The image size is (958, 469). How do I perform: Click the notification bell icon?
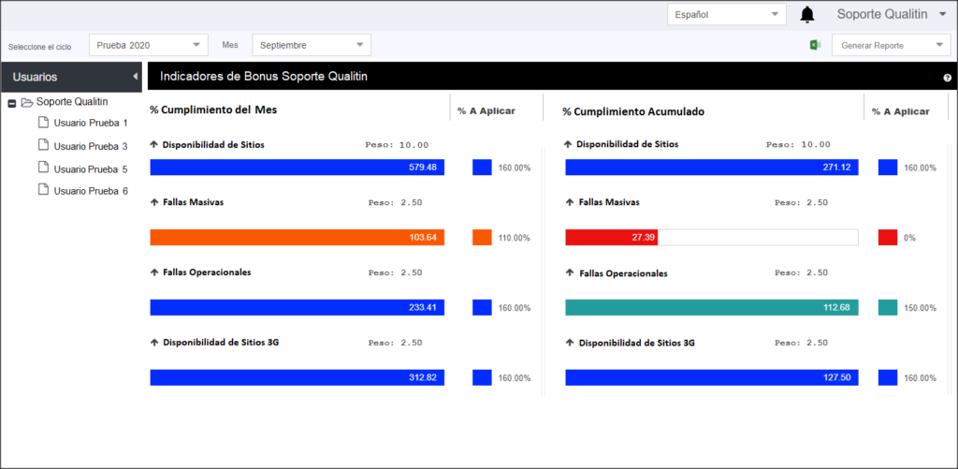point(807,15)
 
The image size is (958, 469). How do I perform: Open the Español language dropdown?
point(726,15)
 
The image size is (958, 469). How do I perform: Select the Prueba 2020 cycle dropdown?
point(149,45)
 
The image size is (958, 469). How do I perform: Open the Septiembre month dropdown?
point(312,45)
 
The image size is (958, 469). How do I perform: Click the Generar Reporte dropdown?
point(891,45)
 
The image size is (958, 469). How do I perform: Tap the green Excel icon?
point(815,45)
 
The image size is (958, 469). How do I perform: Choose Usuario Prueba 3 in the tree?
point(91,146)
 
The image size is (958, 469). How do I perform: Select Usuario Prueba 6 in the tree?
point(91,191)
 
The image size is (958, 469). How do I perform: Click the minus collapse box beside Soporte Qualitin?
point(11,103)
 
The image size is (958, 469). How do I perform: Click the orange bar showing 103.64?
point(297,237)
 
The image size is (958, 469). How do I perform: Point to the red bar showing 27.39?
point(611,237)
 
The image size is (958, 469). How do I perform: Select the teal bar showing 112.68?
point(712,307)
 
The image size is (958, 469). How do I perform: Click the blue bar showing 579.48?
point(297,168)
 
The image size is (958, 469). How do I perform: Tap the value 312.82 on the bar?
point(423,377)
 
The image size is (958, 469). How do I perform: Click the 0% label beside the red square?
point(909,238)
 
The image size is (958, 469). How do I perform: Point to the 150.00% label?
point(921,308)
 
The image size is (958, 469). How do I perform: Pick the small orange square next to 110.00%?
point(482,237)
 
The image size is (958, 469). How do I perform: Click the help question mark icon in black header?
point(948,78)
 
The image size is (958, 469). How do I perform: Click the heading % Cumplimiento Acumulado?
point(633,111)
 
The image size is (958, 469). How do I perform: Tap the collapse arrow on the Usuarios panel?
point(135,77)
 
